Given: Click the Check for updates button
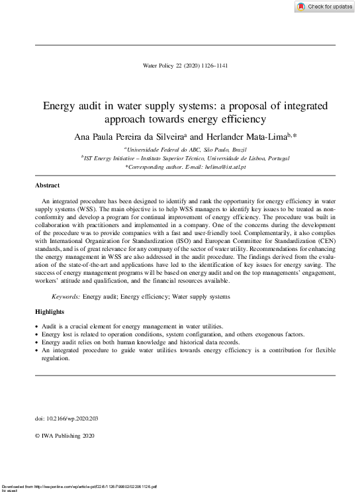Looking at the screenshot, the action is [x=324, y=7].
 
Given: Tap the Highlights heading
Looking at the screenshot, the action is [x=50, y=311].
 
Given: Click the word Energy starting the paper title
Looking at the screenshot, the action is [x=60, y=106].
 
